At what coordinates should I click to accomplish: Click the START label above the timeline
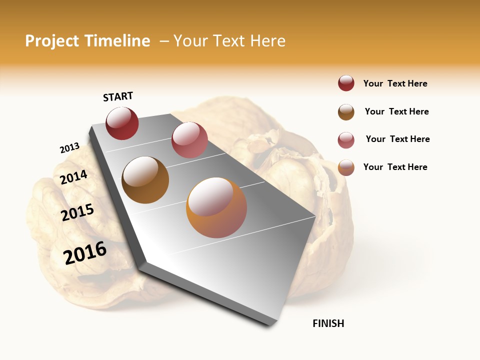118,96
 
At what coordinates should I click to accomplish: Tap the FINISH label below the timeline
328,323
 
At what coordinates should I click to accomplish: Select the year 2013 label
69,148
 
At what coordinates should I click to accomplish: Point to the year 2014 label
73,177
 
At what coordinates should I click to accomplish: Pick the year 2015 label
77,212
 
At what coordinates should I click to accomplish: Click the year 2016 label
85,252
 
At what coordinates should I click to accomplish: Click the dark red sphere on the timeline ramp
122,123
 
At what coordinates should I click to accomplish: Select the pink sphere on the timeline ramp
189,140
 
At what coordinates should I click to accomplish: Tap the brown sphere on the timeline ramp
145,180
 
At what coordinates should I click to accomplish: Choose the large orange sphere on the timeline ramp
216,207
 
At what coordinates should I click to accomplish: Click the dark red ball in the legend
346,83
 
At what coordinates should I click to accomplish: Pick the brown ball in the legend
346,112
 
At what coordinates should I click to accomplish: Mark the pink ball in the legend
346,140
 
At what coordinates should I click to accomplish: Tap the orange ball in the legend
346,167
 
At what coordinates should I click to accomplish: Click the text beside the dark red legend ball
395,84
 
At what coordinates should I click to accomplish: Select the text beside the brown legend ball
397,111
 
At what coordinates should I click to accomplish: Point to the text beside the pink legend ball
398,139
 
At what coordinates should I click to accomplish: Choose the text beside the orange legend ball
395,167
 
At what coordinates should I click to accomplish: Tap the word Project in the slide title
52,41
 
